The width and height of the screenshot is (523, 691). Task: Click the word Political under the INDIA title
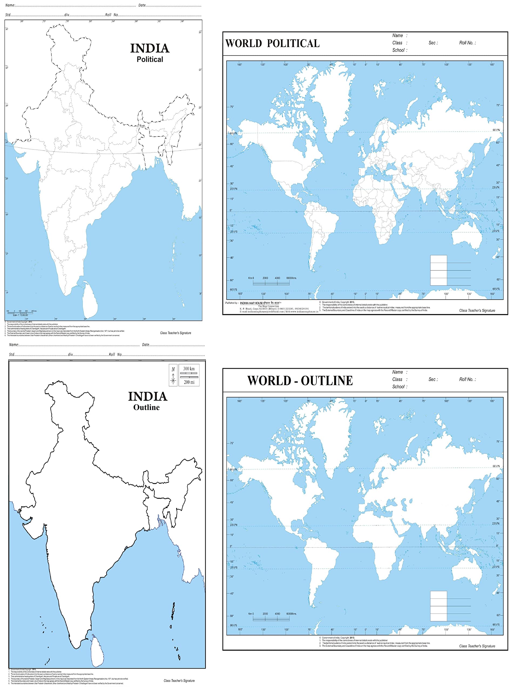[150, 59]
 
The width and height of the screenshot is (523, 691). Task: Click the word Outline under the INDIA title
[146, 407]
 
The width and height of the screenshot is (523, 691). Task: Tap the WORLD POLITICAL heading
[272, 43]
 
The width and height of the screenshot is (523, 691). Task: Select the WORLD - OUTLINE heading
[300, 381]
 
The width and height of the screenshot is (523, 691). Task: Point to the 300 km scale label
[189, 369]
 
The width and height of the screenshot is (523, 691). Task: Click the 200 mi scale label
[189, 382]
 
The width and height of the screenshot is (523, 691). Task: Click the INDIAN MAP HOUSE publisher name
[251, 303]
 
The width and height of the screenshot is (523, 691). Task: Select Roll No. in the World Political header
[467, 43]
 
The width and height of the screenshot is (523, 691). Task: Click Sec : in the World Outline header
[433, 379]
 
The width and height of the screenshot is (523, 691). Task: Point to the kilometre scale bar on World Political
[271, 283]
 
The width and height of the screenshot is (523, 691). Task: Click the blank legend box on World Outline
[438, 606]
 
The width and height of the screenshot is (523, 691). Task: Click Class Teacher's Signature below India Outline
[179, 681]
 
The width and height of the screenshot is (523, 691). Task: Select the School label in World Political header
[400, 50]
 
